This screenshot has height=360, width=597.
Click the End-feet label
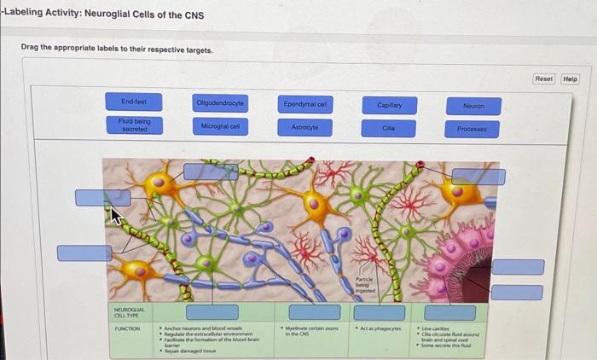tap(135, 102)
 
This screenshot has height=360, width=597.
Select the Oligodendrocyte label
tap(220, 103)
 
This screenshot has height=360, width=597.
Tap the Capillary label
tap(389, 105)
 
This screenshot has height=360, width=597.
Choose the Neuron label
tap(472, 106)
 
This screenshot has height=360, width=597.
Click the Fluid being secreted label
tap(135, 125)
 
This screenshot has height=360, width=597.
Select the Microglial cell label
tap(220, 125)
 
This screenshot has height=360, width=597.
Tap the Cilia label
tap(389, 128)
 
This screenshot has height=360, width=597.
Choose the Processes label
tap(472, 129)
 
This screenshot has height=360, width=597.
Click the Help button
tap(571, 78)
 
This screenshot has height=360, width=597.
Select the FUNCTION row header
tap(127, 327)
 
